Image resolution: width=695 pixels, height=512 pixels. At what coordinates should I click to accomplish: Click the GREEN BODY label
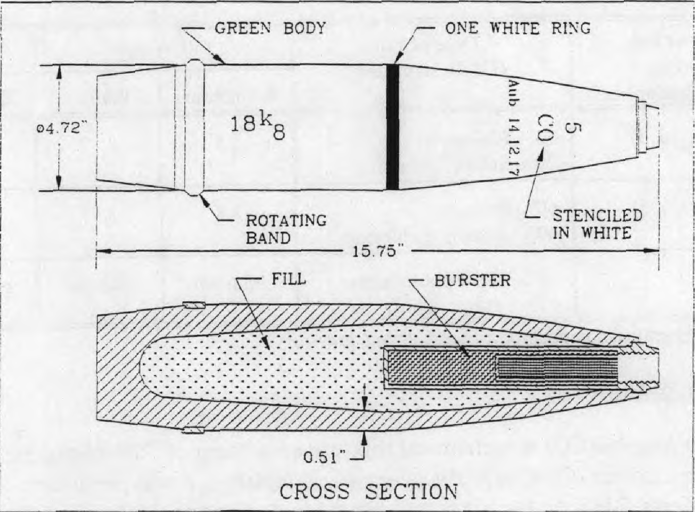click(x=270, y=28)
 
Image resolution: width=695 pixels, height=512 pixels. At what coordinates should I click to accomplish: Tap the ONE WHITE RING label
click(x=518, y=28)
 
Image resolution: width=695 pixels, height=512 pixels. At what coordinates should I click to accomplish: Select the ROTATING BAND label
click(x=286, y=229)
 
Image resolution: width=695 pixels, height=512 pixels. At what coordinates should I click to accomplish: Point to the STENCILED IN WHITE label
click(x=598, y=224)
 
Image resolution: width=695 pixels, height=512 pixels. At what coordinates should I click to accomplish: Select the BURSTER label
click(x=472, y=280)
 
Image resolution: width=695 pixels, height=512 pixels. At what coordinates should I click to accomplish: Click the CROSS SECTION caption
click(x=369, y=491)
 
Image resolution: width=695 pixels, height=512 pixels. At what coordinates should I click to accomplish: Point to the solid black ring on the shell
click(x=392, y=127)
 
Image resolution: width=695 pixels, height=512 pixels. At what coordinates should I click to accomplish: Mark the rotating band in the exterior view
click(x=194, y=127)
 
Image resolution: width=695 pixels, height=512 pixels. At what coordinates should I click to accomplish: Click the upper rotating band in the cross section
click(x=194, y=305)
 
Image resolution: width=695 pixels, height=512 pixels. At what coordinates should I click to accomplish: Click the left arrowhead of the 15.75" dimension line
click(x=104, y=251)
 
